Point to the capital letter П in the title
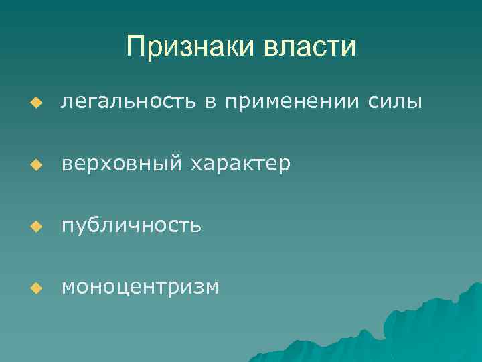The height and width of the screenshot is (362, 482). click(135, 48)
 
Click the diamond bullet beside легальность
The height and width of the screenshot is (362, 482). click(37, 103)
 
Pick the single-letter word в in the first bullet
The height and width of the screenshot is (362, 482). click(210, 102)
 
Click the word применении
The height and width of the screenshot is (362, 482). click(293, 102)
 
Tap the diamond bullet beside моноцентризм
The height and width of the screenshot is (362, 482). click(37, 288)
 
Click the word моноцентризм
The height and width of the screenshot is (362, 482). click(139, 287)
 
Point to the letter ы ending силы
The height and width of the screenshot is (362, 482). click(414, 102)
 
